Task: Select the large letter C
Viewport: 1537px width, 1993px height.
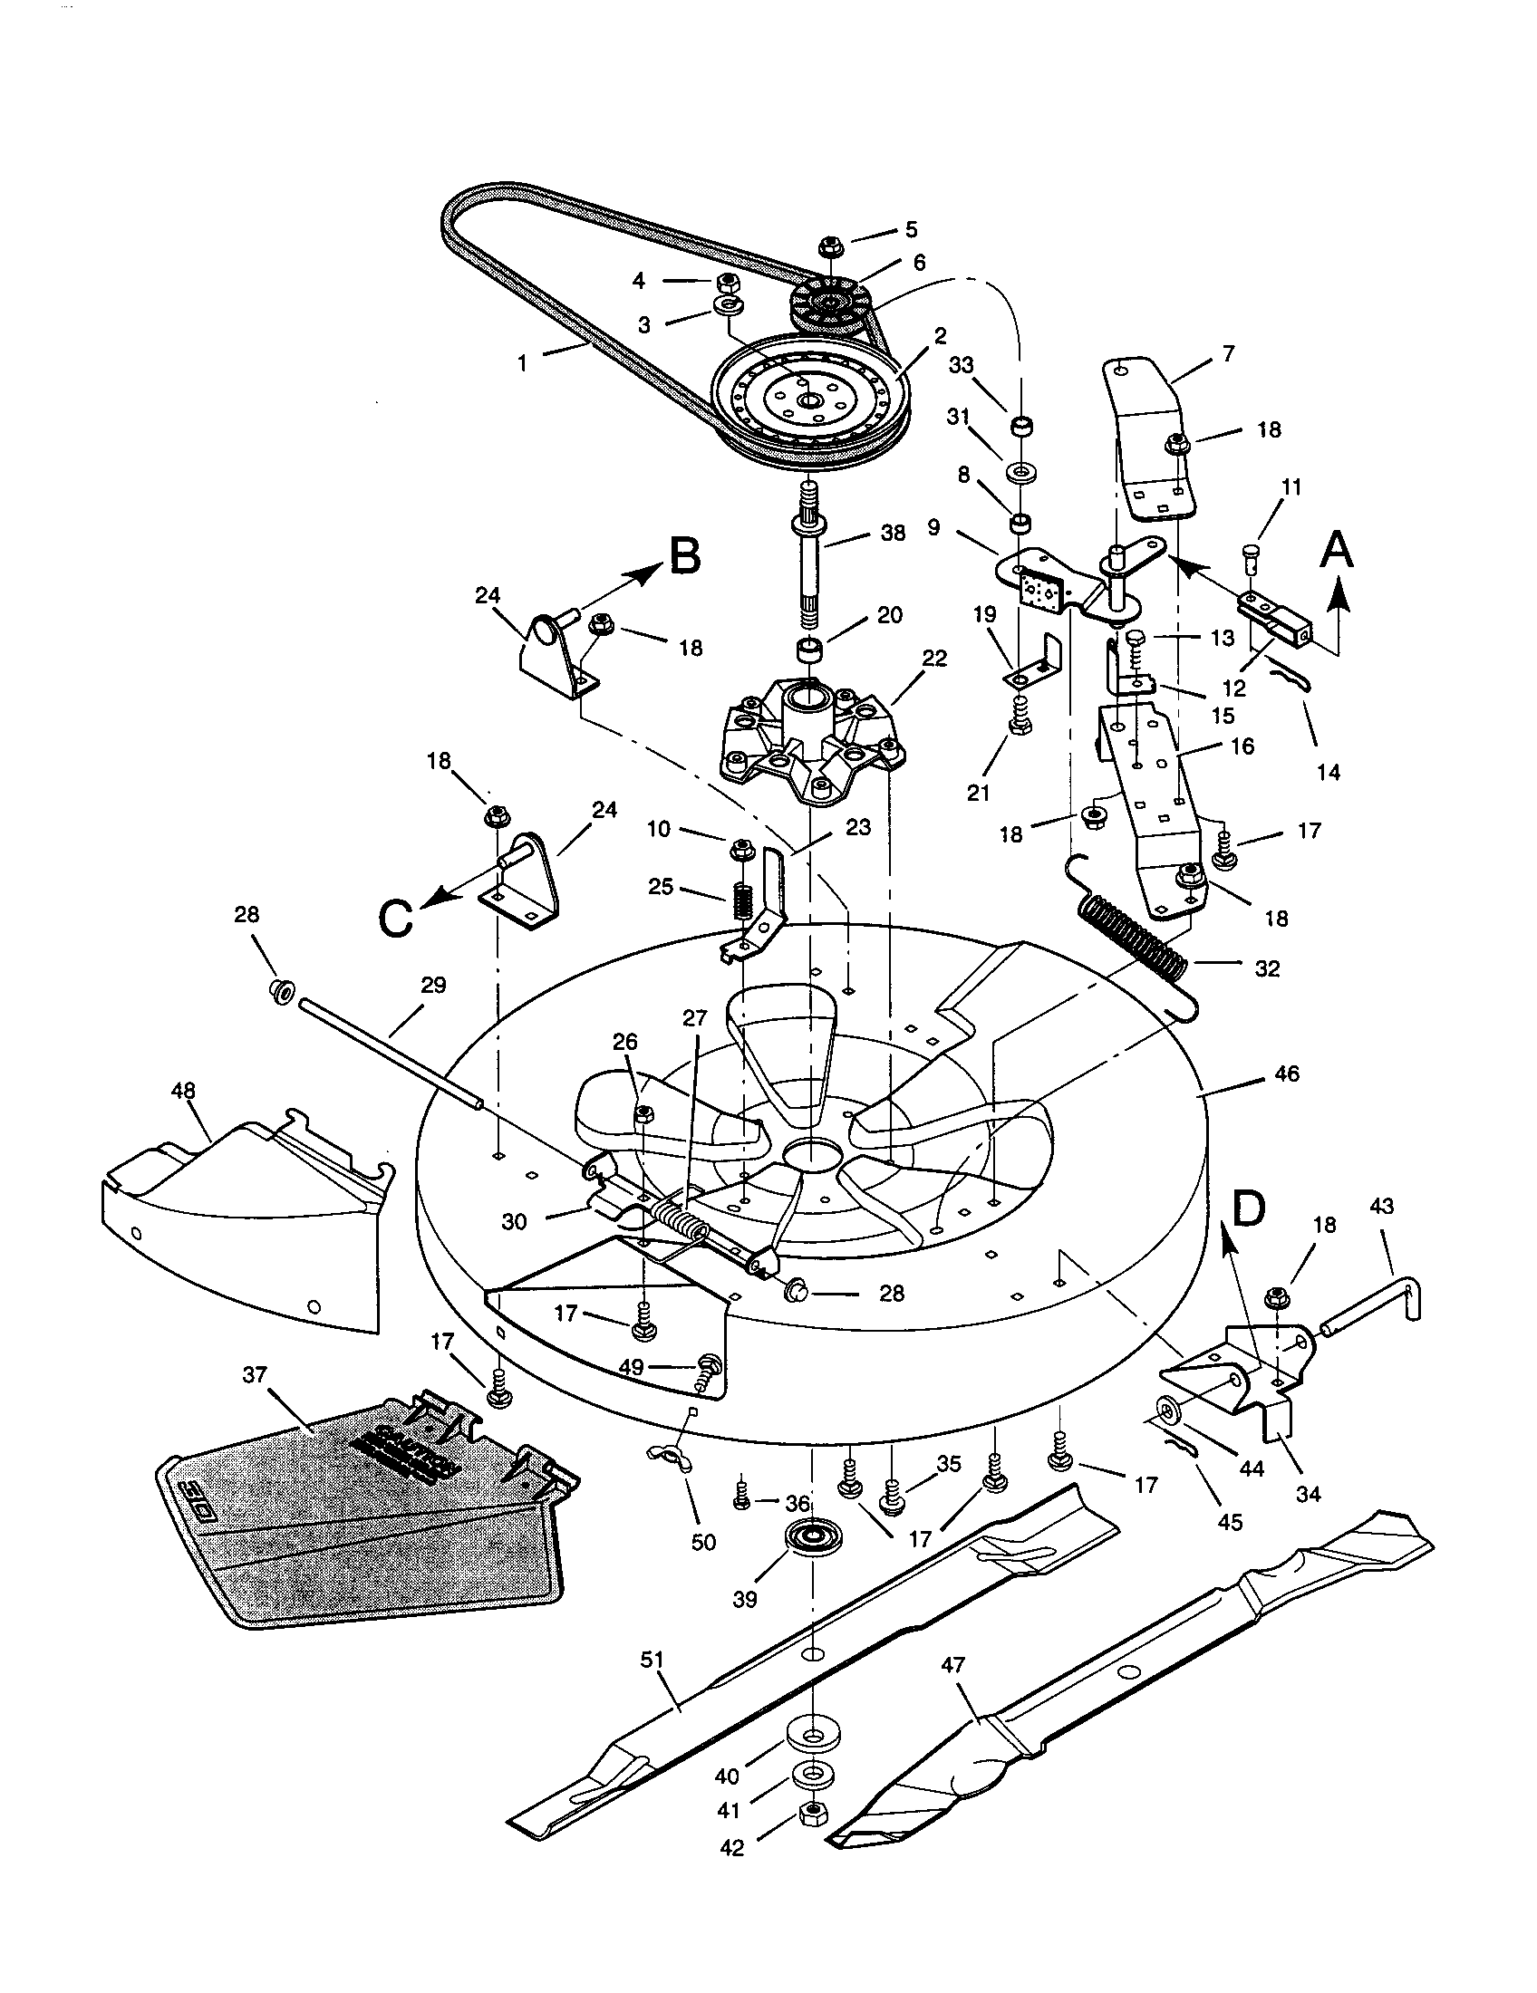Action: pyautogui.click(x=395, y=919)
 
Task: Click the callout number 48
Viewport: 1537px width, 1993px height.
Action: pyautogui.click(x=183, y=1091)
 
